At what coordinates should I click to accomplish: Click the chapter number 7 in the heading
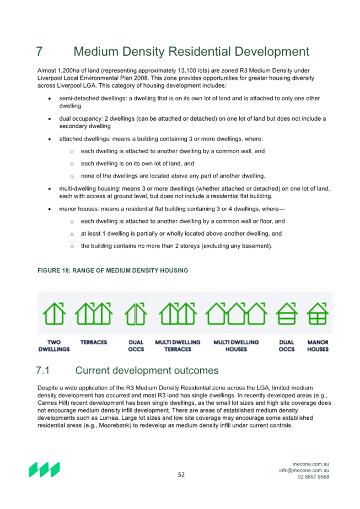(39, 52)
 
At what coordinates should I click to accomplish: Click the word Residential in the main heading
(199, 52)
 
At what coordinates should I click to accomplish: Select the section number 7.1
(42, 370)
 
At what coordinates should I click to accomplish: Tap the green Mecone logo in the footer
(44, 469)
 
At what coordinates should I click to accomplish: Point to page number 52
(181, 475)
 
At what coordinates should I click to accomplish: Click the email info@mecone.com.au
(304, 470)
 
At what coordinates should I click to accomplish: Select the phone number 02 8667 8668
(313, 477)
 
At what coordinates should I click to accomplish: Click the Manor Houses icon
(318, 313)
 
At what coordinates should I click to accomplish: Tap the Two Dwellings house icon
(54, 313)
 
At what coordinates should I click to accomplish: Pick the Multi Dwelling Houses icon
(236, 313)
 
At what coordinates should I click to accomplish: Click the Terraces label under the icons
(94, 342)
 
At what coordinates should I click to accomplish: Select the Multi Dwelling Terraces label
(178, 346)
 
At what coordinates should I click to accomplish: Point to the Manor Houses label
(318, 346)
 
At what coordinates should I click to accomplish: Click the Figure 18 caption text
(113, 270)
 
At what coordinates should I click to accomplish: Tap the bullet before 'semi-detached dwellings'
(50, 99)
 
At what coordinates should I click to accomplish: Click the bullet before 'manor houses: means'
(50, 209)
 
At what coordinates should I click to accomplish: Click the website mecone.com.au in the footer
(310, 464)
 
